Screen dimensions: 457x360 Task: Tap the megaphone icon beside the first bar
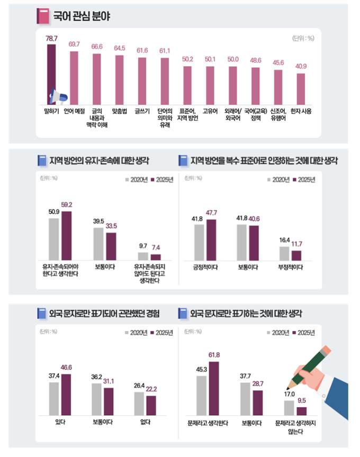tap(58, 97)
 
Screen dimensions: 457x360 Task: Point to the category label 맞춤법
tap(119, 111)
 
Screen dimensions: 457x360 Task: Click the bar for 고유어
tap(210, 85)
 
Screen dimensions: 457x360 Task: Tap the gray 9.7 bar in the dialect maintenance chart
tap(143, 256)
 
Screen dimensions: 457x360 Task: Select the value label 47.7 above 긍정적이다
tap(211, 213)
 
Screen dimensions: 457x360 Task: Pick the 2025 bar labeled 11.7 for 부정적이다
tap(296, 255)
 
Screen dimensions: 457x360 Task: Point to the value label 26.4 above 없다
tap(139, 386)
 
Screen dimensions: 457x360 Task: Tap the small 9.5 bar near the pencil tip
tap(301, 411)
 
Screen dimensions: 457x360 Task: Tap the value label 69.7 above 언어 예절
tap(74, 44)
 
